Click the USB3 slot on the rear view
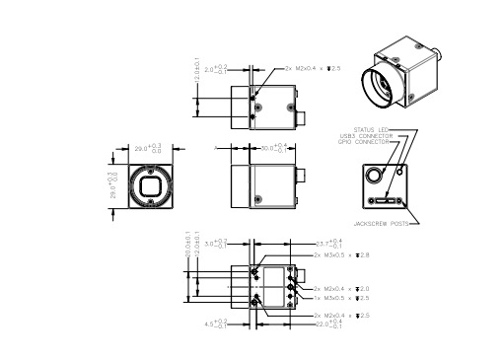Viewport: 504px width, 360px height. click(x=383, y=201)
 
